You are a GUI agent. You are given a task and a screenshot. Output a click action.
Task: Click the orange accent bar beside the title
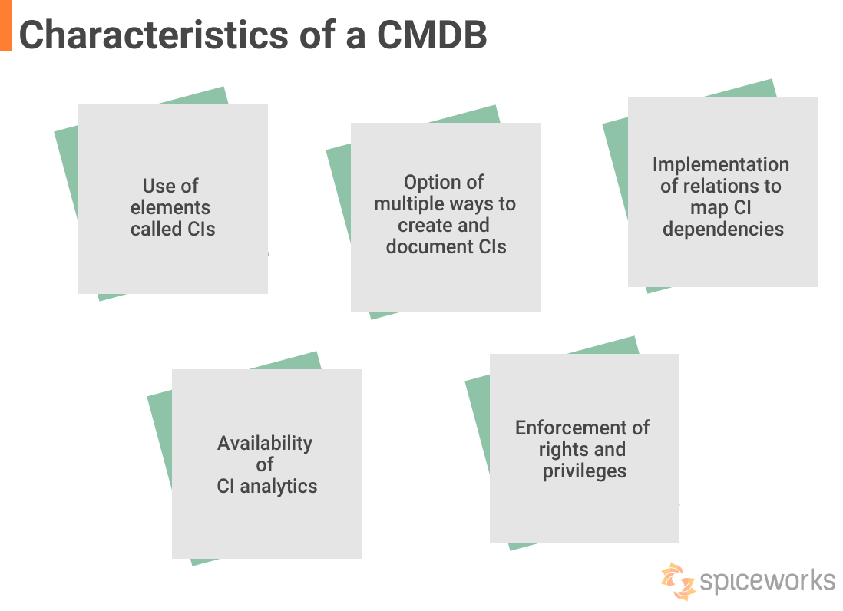[5, 25]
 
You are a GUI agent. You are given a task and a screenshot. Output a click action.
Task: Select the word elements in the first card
[170, 207]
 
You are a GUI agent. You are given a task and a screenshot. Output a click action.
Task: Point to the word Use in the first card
[159, 186]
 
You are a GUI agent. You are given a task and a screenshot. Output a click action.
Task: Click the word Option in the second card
[433, 182]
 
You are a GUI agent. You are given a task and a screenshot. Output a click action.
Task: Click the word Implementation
[720, 164]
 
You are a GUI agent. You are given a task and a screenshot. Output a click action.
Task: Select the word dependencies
[722, 229]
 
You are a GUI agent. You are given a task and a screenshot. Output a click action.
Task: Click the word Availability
[264, 443]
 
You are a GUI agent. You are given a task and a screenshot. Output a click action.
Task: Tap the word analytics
[278, 486]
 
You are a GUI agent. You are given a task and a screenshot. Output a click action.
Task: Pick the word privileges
[584, 471]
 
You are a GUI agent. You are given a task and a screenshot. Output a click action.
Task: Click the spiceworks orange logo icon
[677, 580]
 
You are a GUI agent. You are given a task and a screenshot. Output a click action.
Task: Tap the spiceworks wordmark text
[766, 580]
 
